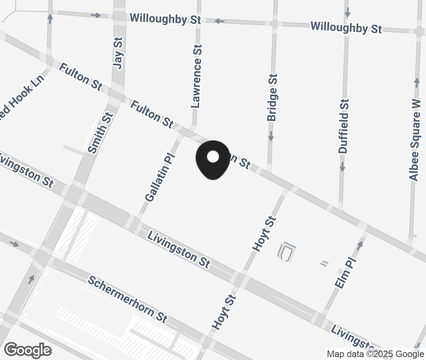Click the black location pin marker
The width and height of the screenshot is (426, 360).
click(x=213, y=159)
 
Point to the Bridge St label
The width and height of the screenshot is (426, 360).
click(x=272, y=97)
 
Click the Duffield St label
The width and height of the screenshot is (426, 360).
click(x=344, y=126)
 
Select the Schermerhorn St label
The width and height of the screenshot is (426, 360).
click(x=128, y=299)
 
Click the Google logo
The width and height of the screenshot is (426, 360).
click(x=28, y=350)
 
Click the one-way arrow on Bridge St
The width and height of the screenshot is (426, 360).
click(x=271, y=136)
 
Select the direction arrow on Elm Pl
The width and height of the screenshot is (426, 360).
click(x=360, y=244)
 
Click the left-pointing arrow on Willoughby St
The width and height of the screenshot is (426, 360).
click(x=219, y=21)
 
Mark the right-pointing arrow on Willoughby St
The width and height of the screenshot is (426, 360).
click(x=96, y=15)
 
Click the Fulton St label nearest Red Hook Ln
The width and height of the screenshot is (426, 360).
click(x=80, y=76)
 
